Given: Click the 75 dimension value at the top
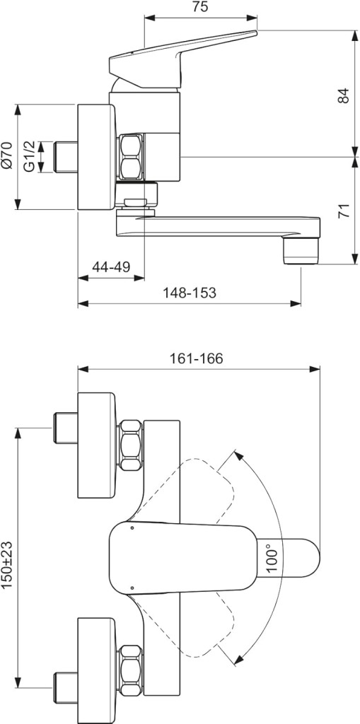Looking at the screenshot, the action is tap(199, 7).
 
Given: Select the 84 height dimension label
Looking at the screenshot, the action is tap(343, 95).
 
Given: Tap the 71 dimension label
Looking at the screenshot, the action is tap(343, 210).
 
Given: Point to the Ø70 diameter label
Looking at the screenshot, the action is tap(6, 157).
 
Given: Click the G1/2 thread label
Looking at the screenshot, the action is tap(30, 157).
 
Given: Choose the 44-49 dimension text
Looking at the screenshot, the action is tap(111, 267).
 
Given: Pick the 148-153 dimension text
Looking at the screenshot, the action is tap(190, 293).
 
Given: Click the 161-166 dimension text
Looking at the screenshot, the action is tap(196, 358).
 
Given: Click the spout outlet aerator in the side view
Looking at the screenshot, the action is tap(301, 251).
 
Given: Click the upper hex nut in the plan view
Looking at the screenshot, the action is tap(130, 445).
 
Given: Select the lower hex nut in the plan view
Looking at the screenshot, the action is tap(130, 671).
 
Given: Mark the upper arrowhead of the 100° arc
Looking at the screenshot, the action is tap(238, 456).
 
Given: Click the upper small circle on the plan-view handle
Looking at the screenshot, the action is tap(132, 527).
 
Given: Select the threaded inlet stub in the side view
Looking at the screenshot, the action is tap(66, 157).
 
